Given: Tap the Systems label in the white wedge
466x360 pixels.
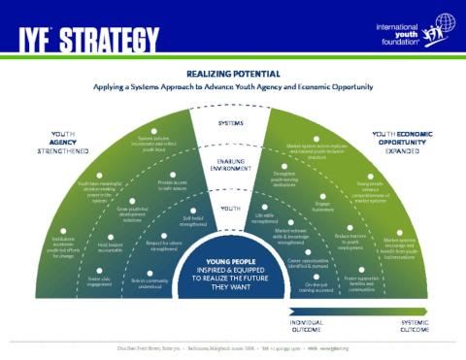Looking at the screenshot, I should (230, 124).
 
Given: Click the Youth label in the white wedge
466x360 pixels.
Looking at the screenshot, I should (230, 208).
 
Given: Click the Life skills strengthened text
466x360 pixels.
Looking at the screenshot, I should (264, 219).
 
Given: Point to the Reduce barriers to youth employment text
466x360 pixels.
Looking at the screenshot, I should (356, 238).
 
